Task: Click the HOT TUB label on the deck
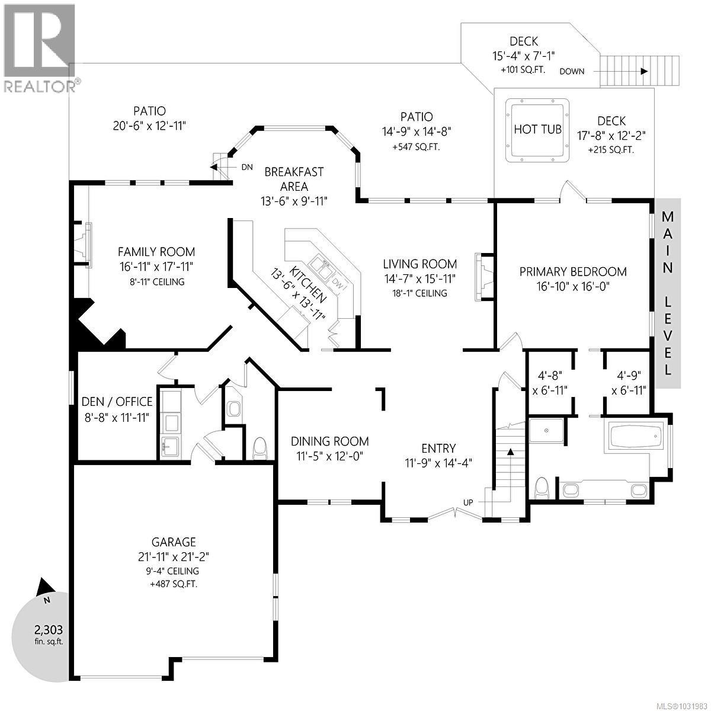pos(537,129)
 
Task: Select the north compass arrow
pos(44,587)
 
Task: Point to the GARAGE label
pos(174,542)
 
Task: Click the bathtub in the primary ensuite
pos(635,436)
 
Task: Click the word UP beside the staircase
pos(468,502)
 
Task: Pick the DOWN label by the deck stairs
pos(572,71)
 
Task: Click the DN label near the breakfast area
pos(246,168)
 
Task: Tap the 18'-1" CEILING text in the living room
pos(419,293)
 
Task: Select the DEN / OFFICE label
pos(117,402)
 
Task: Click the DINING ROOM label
pos(329,441)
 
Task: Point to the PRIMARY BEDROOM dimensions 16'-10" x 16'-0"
pos(572,286)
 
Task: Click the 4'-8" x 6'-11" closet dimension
pos(549,383)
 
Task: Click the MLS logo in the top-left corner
pos(39,47)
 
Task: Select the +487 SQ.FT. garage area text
pos(174,584)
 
